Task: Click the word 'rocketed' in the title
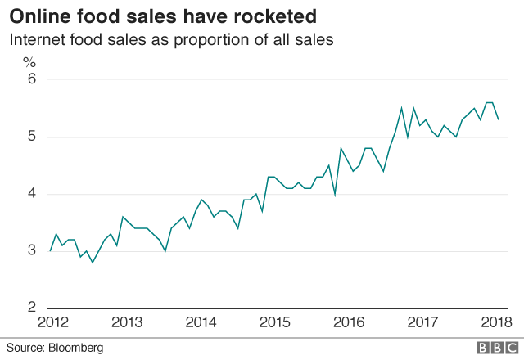(275, 16)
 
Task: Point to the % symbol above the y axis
(29, 61)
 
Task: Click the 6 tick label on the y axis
(31, 79)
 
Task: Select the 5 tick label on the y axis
(31, 137)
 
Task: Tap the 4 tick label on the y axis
(31, 194)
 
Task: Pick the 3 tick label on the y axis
(31, 250)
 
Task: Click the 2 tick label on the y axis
(31, 308)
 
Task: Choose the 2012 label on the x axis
(50, 322)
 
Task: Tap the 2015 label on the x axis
(273, 322)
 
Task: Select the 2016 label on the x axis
(348, 322)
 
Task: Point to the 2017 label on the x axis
(422, 322)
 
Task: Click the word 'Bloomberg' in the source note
(76, 348)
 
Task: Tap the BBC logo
(490, 348)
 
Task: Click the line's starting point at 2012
(50, 250)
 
